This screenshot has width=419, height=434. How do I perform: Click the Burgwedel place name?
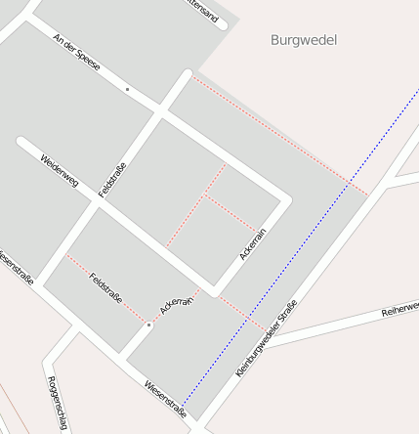click(303, 40)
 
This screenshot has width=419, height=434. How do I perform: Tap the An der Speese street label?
click(77, 58)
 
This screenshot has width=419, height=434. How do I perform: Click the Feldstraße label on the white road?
click(113, 179)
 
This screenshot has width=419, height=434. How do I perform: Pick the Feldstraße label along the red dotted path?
click(105, 288)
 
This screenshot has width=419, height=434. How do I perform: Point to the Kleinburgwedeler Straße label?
click(267, 339)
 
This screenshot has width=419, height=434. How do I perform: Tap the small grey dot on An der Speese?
click(127, 89)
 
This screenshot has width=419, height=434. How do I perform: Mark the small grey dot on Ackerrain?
click(148, 325)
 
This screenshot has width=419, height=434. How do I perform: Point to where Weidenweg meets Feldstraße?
click(98, 202)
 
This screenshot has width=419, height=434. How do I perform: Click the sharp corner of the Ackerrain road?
click(285, 200)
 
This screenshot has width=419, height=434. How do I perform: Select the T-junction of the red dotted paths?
click(204, 196)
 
